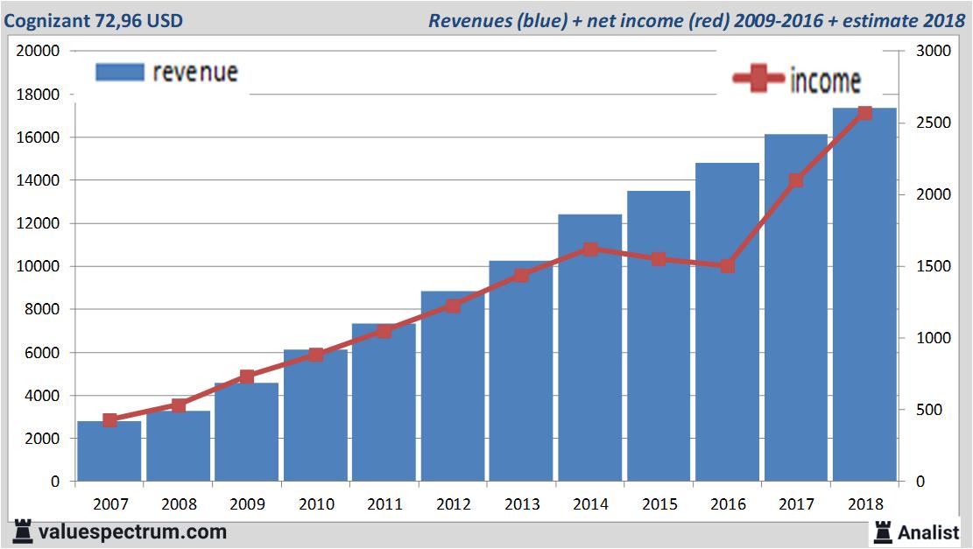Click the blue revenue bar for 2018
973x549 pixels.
pyautogui.click(x=864, y=298)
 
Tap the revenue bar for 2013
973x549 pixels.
pyautogui.click(x=521, y=372)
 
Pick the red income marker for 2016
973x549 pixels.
pyautogui.click(x=728, y=266)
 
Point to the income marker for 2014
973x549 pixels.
pyautogui.click(x=590, y=249)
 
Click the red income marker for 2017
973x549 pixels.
pyautogui.click(x=796, y=180)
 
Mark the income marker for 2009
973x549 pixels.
pyautogui.click(x=247, y=377)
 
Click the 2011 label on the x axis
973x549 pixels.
pyautogui.click(x=384, y=504)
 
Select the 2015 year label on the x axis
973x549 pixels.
pyautogui.click(x=659, y=504)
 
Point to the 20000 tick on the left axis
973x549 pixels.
pyautogui.click(x=39, y=51)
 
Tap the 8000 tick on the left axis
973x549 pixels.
pyautogui.click(x=42, y=309)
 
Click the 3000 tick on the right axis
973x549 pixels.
pyautogui.click(x=934, y=51)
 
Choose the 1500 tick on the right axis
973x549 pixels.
pyautogui.click(x=934, y=266)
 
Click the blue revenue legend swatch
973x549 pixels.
pyautogui.click(x=119, y=72)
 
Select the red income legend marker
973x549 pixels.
pyautogui.click(x=758, y=79)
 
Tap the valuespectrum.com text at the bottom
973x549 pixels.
pyautogui.click(x=132, y=531)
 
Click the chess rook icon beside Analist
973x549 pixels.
pyautogui.click(x=882, y=531)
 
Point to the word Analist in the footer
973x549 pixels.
pyautogui.click(x=929, y=531)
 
